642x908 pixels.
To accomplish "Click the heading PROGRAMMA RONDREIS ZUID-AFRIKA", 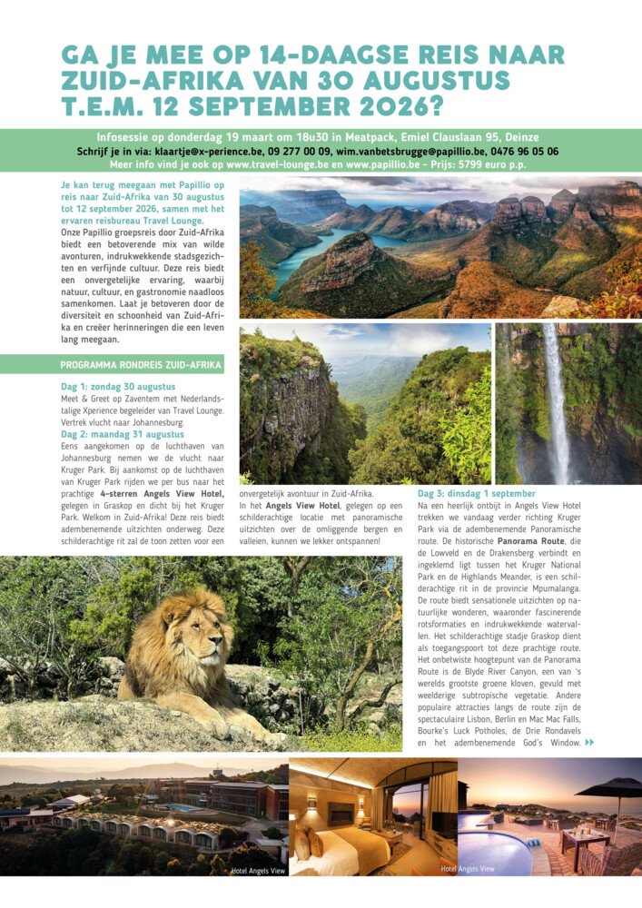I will [x=140, y=365].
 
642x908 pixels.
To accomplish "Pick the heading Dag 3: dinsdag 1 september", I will [x=477, y=493].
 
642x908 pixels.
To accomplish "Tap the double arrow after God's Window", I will [x=590, y=743].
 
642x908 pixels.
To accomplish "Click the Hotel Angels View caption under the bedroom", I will [x=468, y=869].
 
